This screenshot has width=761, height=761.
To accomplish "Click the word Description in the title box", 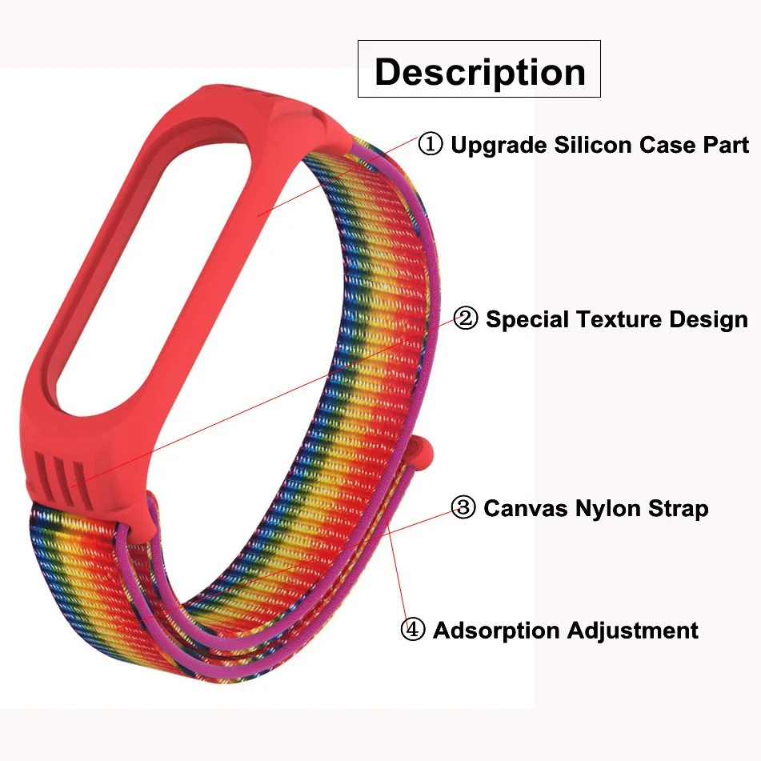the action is pyautogui.click(x=479, y=71).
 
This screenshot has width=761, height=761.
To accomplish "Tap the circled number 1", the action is pyautogui.click(x=431, y=145).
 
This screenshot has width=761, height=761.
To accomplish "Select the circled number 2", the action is pyautogui.click(x=465, y=319).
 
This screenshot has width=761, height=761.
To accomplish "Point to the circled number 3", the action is pyautogui.click(x=463, y=507).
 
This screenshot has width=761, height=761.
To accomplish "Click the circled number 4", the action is pyautogui.click(x=412, y=630).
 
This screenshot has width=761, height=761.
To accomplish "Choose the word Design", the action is pyautogui.click(x=709, y=319).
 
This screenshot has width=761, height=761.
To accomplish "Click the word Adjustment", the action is pyautogui.click(x=632, y=631).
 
